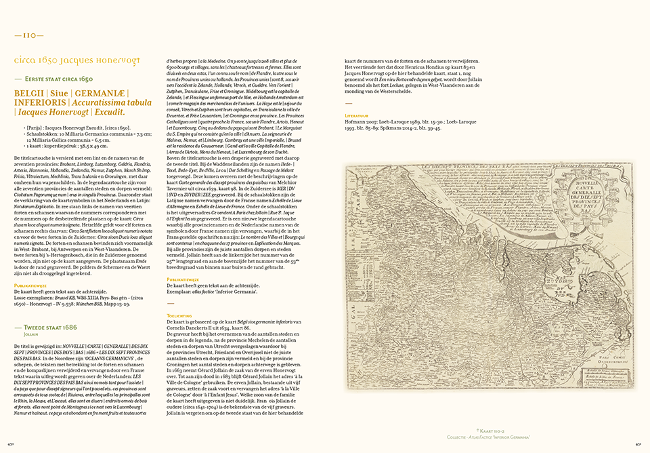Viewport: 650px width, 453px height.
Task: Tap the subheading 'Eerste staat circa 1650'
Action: pos(64,79)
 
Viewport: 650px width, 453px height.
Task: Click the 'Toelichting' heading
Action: pos(179,315)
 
